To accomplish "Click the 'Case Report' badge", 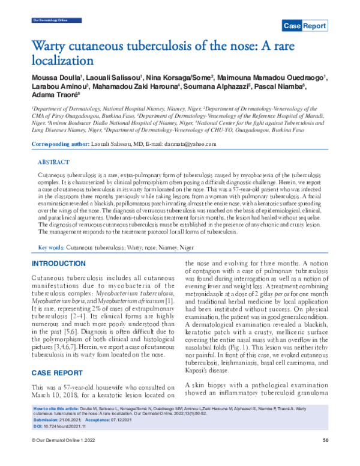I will [305, 26].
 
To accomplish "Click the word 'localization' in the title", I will [61, 60].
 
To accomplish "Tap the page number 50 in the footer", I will [326, 458].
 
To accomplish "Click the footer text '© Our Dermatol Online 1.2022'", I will [64, 458].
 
